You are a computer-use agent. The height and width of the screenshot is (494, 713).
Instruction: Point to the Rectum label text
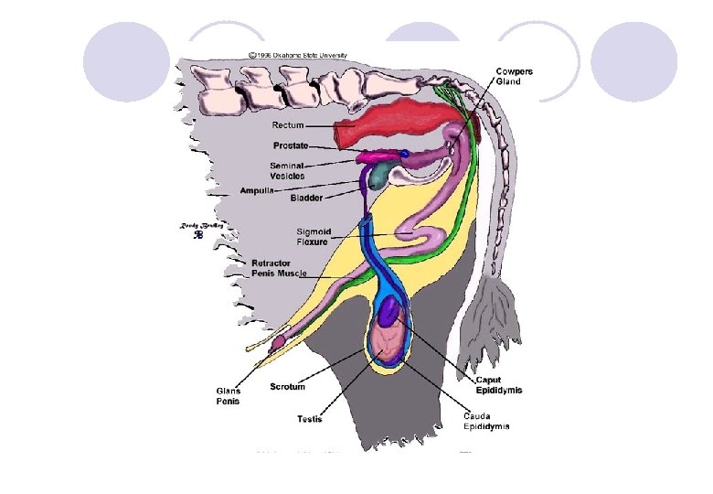[288, 124]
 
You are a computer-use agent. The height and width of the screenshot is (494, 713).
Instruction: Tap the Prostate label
[290, 145]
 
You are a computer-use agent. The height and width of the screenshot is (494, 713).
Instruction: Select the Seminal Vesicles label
[287, 170]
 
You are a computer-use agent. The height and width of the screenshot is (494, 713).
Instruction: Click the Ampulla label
[259, 190]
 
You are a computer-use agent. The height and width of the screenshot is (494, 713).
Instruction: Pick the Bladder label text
[306, 198]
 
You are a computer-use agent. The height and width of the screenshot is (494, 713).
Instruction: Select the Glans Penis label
[229, 395]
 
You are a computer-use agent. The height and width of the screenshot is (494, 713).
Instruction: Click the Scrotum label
[288, 387]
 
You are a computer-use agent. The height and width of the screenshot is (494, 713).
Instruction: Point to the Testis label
[309, 420]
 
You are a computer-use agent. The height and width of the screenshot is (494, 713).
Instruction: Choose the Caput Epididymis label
[498, 385]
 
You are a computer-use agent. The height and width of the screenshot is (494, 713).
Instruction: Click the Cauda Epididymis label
[486, 421]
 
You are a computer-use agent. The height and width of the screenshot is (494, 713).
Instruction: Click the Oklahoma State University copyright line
[296, 55]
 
